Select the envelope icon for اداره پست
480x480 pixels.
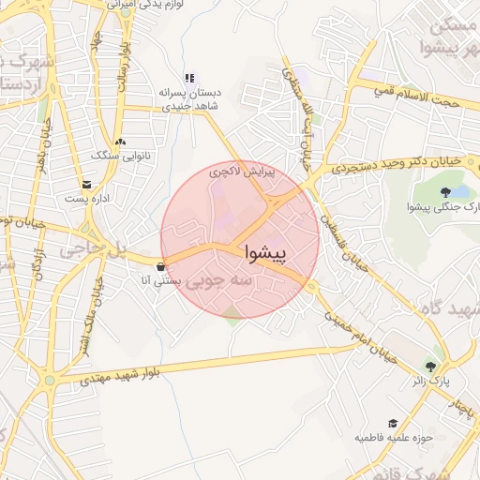point(87,185)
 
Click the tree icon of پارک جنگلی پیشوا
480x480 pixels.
point(431,192)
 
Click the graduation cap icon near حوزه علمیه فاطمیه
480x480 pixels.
point(393,423)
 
